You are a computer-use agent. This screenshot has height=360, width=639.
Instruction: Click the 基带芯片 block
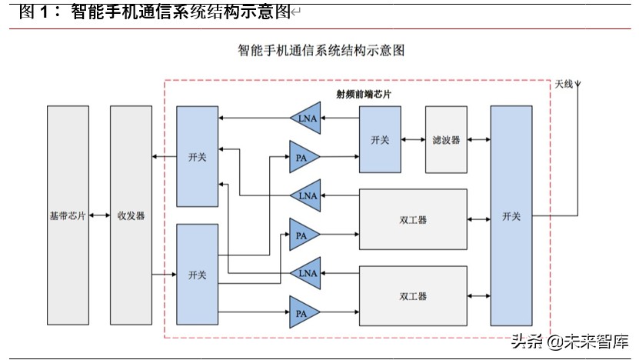[x=68, y=215]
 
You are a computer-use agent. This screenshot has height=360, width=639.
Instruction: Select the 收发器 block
[x=131, y=215]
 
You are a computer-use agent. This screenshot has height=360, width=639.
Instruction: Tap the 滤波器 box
[x=446, y=140]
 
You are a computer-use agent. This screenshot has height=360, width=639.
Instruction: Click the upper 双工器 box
[x=413, y=219]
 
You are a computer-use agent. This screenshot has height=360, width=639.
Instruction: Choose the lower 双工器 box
[x=413, y=296]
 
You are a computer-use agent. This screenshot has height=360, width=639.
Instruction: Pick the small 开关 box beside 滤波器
[x=380, y=140]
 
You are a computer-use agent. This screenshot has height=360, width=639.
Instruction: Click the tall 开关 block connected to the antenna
[x=511, y=216]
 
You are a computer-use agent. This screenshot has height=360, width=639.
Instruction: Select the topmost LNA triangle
[x=308, y=118]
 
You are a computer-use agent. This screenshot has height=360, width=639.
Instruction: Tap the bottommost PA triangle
[x=302, y=312]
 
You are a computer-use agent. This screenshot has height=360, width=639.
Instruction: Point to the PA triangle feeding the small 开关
[x=302, y=157]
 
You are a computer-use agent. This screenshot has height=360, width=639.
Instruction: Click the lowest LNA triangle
[x=308, y=272]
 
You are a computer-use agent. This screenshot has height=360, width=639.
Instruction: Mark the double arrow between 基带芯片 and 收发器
[x=99, y=216]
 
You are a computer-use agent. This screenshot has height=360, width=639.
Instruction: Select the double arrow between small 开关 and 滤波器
[x=413, y=140]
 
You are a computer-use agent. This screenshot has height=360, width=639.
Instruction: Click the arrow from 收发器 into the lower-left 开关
[x=164, y=274]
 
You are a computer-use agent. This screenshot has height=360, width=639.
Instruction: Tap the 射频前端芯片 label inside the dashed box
[x=363, y=93]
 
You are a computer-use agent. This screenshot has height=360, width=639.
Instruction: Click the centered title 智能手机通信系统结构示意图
[x=321, y=51]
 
